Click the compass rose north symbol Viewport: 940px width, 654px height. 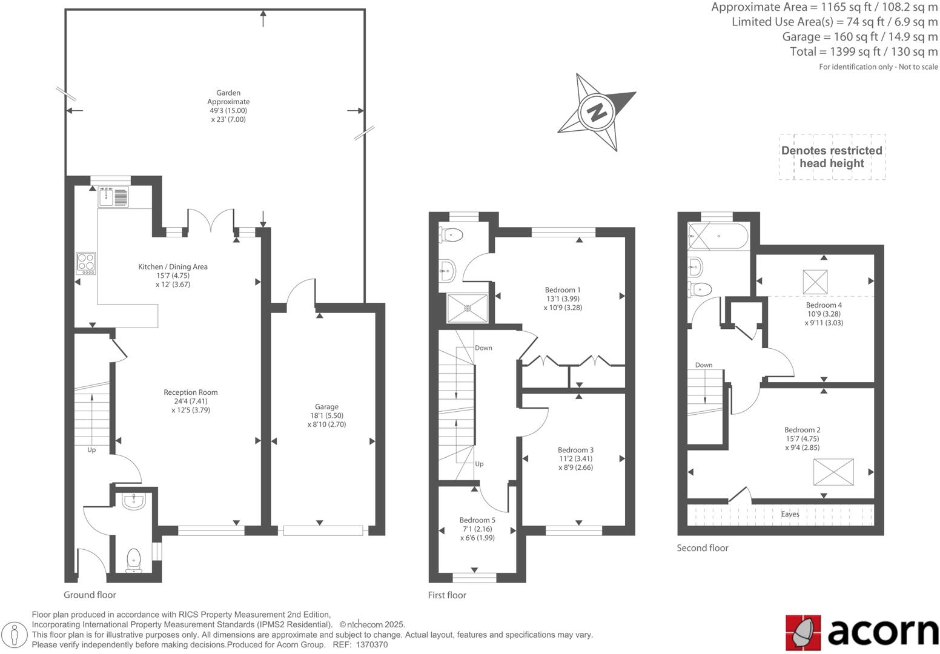tap(597, 112)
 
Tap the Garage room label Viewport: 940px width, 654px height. tap(326, 415)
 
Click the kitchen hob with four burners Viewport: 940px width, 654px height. tap(86, 263)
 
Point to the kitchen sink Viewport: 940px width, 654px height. tap(113, 197)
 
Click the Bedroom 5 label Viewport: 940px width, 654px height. tap(477, 529)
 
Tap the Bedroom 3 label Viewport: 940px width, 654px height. tap(575, 458)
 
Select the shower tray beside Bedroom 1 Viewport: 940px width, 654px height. tap(467, 308)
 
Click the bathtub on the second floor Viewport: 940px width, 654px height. tap(718, 236)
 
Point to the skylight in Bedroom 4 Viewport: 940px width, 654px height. tap(815, 282)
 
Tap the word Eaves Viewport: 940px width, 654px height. tap(790, 514)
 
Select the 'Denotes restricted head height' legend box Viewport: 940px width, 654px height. tap(832, 157)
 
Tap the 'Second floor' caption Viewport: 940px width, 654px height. tap(703, 548)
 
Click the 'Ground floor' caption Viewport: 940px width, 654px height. tap(90, 595)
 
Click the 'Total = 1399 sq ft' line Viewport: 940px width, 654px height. tap(863, 52)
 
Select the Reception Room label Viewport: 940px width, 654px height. tap(190, 401)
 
